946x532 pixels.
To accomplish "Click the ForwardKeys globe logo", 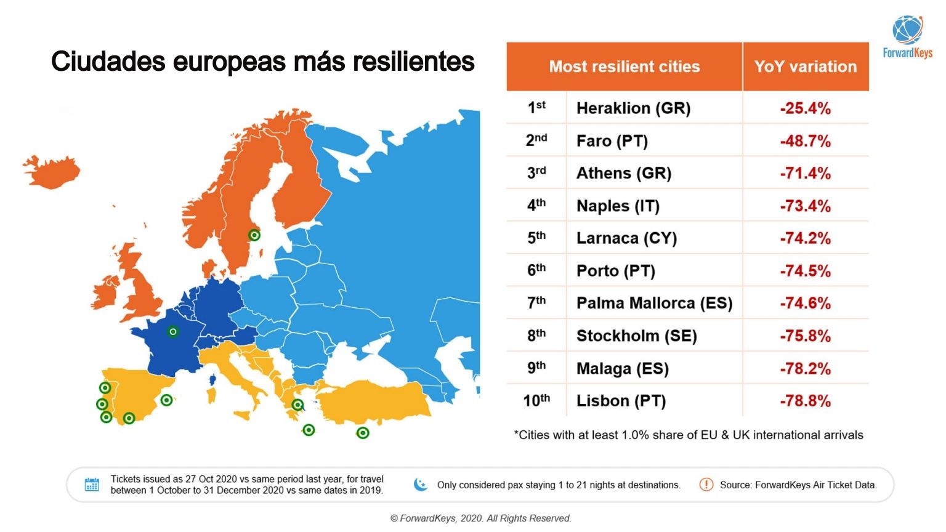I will pos(907,30).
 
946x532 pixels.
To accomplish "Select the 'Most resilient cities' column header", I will pos(624,66).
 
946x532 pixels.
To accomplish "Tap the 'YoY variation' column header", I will pos(805,66).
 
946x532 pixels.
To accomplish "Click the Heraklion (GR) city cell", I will pos(633,108).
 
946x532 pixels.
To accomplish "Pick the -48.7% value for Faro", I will pos(805,141).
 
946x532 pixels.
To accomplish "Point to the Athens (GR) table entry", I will pos(623,174).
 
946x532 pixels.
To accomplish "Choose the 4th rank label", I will pos(536,206).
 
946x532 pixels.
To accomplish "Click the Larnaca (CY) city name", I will pos(626,238).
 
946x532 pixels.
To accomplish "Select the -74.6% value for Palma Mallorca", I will pos(805,304).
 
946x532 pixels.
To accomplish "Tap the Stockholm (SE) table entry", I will pos(636,336).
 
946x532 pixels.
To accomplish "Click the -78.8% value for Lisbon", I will pos(805,401).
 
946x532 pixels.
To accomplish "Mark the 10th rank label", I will pos(536,401).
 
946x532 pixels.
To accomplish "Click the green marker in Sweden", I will pos(254,235).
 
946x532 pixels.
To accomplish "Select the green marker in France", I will pos(173,332).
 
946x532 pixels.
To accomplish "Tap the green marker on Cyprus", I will pos(363,433).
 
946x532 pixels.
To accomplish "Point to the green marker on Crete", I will pos(309,430).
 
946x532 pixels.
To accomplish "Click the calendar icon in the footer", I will pos(92,485).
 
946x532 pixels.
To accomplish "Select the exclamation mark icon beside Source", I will pos(706,485).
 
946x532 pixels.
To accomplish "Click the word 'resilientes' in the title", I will pos(413,62).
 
